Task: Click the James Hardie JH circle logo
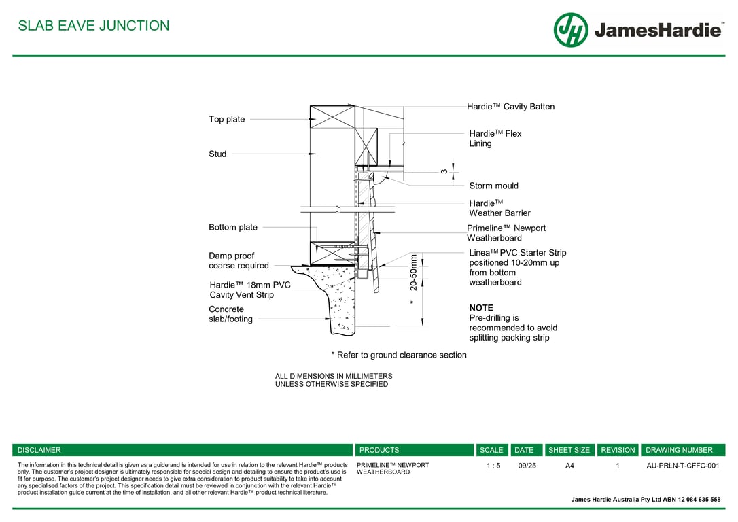pyautogui.click(x=571, y=30)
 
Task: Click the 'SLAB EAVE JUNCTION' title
pyautogui.click(x=94, y=25)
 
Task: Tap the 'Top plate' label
pyautogui.click(x=227, y=119)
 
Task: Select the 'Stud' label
pyautogui.click(x=217, y=154)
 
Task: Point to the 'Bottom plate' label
pyautogui.click(x=233, y=227)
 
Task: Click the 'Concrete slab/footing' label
pyautogui.click(x=230, y=314)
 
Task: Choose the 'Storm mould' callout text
pyautogui.click(x=494, y=186)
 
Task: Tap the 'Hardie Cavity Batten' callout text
pyautogui.click(x=510, y=107)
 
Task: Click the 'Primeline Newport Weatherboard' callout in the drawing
pyautogui.click(x=506, y=233)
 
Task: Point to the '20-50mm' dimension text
pyautogui.click(x=413, y=273)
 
